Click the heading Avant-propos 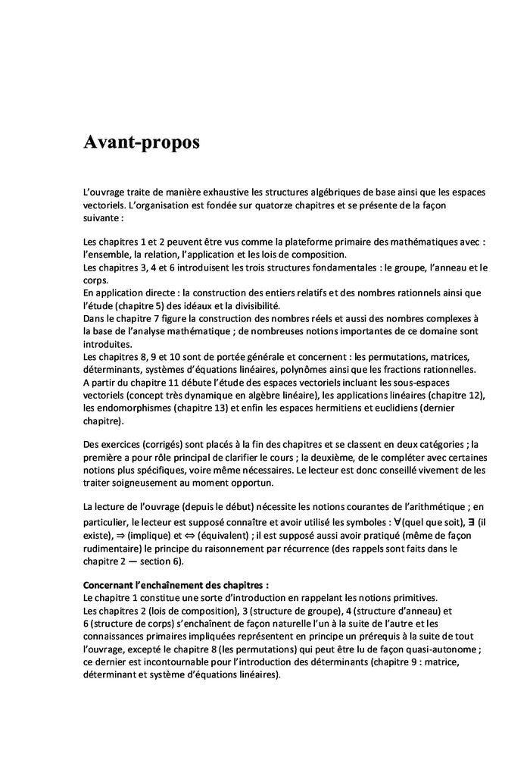[x=142, y=143]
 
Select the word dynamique [x=210, y=396]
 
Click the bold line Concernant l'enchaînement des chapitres [x=176, y=585]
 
